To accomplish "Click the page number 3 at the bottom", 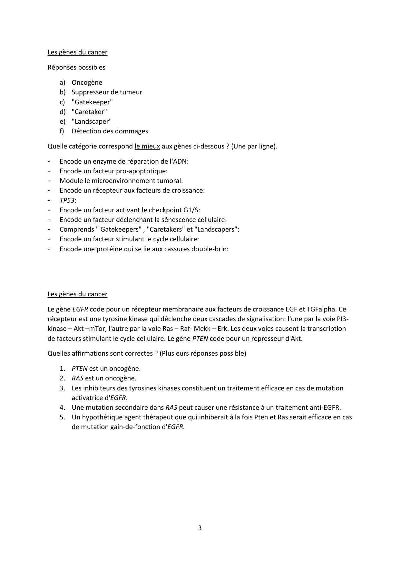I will pos(200,528).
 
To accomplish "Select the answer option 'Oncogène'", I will pos(87,82).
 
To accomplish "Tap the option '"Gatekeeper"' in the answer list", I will pos(92,102).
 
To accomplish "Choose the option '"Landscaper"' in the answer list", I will pos(92,121).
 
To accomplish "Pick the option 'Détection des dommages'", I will pos(110,131).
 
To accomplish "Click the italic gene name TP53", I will pos(67,200).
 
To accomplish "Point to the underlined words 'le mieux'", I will pos(147,146).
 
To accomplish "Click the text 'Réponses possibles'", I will pos(76,67).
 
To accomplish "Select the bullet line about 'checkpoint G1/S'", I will pos(130,210).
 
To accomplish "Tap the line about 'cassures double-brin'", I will pos(144,249).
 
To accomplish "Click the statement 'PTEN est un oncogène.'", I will pos(106,369).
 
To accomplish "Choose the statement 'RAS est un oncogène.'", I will pos(104,378).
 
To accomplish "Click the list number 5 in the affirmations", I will pos(62,417).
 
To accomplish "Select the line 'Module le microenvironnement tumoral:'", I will pos(121,181).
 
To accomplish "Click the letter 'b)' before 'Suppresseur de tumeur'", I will pos(63,92).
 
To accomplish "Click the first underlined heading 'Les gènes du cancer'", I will pos(77,52).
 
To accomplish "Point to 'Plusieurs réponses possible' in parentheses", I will pos(203,353).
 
